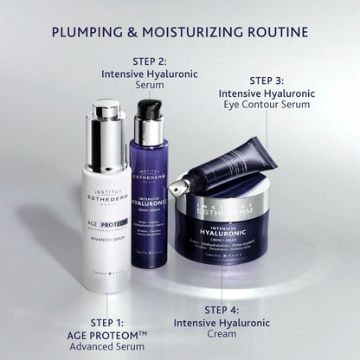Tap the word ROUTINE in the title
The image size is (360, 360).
pos(274,34)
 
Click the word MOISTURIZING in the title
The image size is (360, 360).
pos(190,34)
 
